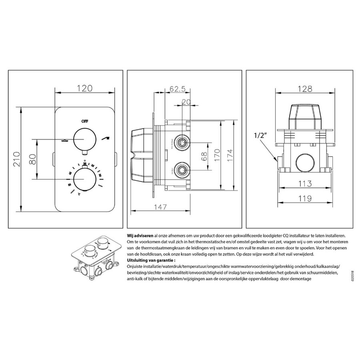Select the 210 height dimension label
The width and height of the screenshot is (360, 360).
point(16,159)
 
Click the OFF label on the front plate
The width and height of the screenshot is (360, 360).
point(84,120)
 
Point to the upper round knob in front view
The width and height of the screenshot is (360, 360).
point(84,139)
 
